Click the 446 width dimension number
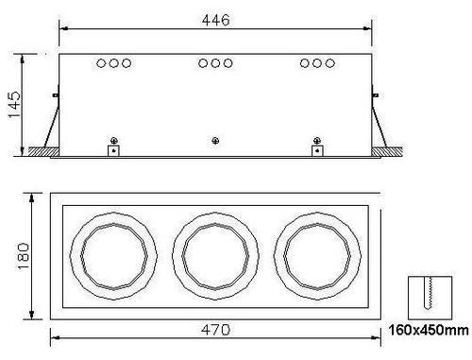coord(216,20)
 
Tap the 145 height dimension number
coord(14,105)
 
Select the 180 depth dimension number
coord(24,256)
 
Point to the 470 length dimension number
coord(216,330)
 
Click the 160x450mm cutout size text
coord(429,330)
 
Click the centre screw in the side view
coord(215,141)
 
